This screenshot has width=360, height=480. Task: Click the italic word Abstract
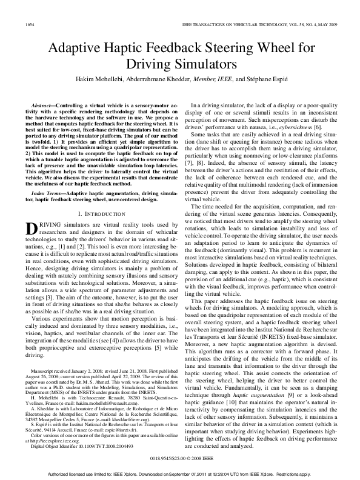[x=46, y=105]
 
